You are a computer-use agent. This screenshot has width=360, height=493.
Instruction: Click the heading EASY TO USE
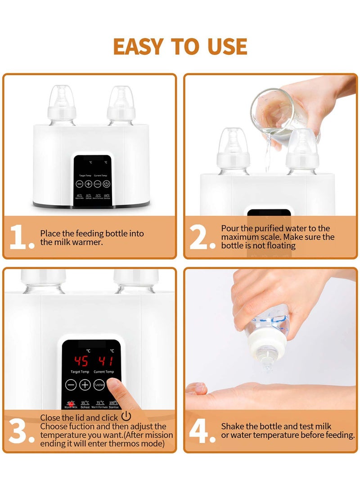pos(180,46)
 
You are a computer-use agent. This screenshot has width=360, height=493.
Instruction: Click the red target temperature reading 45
pos(81,361)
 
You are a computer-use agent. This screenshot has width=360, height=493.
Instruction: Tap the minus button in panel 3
pos(71,385)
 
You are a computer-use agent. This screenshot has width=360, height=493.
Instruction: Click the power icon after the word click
pos(126,417)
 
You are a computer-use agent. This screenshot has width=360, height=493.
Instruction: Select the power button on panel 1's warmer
pos(107,184)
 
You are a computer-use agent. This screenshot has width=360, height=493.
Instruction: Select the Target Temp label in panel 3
pos(81,372)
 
